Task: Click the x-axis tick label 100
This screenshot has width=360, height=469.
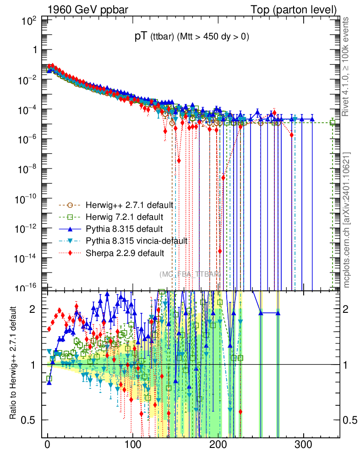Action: coord(132,446)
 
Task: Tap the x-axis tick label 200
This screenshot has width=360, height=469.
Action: coord(218,446)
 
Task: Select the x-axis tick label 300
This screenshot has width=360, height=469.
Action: coord(303,446)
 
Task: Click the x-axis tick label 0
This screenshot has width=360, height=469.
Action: coord(47,446)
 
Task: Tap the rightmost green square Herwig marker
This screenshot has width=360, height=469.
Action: coord(333,122)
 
